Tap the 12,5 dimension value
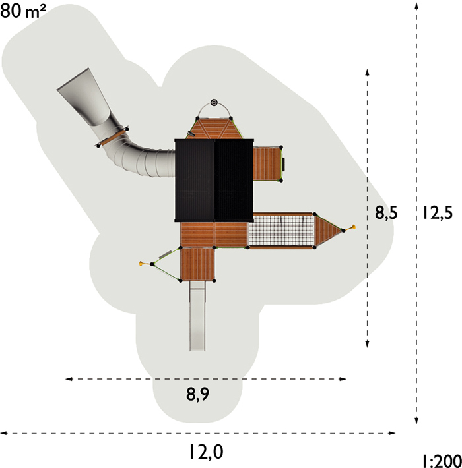click(437, 213)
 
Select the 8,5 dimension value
click(386, 213)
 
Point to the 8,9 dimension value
click(198, 394)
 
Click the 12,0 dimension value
click(206, 452)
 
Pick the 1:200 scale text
click(442, 461)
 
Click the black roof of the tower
click(214, 180)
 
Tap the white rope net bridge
click(282, 231)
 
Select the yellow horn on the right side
click(352, 227)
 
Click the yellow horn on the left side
click(143, 263)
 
